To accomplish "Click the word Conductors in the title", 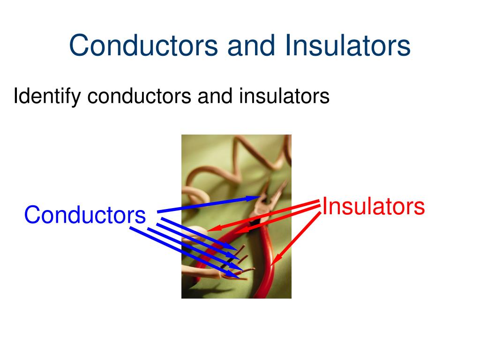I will coord(143,45).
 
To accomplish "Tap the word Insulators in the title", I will coord(347,45).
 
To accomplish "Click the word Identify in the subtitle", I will coord(47,97).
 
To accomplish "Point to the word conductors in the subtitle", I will coord(139,97).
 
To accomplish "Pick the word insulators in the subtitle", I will coord(285,97).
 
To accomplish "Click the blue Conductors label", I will coord(85,215).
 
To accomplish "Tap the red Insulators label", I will coord(374,207).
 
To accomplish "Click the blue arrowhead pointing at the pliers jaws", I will coord(259,198).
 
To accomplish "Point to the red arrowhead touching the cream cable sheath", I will coord(211,229).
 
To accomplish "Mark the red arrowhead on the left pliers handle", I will coord(238,231).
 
